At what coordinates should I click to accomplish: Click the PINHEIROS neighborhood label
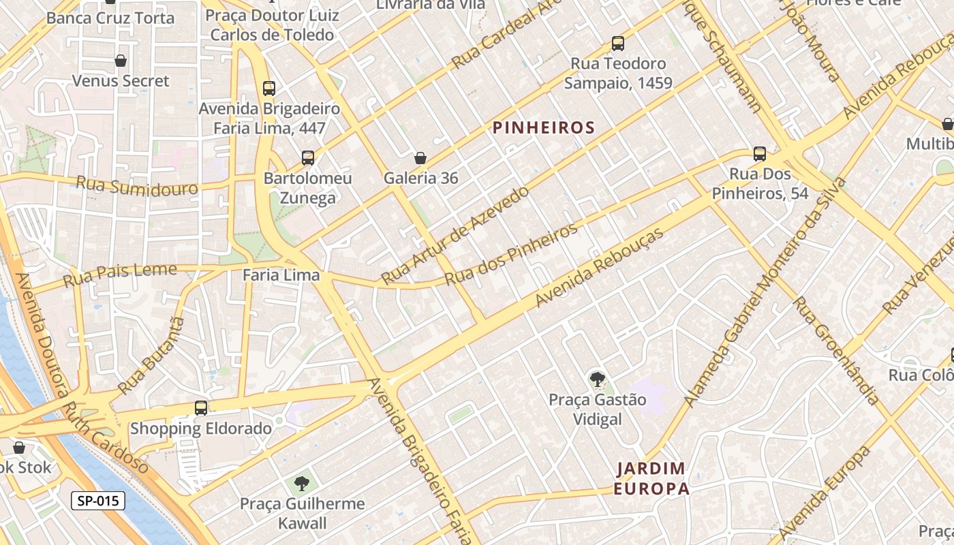coord(544,127)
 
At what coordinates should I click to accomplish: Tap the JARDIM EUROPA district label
coord(651,478)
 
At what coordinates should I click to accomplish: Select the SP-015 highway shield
coord(98,501)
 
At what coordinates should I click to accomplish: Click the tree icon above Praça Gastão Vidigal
coord(597,379)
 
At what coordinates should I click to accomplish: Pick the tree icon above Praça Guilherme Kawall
coord(301,484)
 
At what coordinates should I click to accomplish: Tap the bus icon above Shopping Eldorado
coord(200,408)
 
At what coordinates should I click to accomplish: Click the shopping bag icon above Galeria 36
coord(420,158)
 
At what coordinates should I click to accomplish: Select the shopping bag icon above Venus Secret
coord(121,61)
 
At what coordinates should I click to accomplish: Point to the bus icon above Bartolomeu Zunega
coord(308,158)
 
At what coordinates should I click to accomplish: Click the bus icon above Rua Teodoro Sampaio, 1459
coord(618,44)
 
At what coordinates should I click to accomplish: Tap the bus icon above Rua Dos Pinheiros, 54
coord(760,154)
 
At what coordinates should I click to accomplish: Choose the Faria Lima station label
coord(281,275)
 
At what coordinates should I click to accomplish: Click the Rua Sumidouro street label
coord(136,186)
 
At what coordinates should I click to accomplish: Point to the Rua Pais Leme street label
coord(120,275)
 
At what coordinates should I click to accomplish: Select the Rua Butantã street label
coord(151,354)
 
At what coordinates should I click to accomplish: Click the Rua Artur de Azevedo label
coord(455,235)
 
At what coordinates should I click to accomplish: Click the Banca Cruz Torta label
coord(110,18)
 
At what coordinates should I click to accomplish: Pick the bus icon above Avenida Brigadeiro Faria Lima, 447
coord(269,88)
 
